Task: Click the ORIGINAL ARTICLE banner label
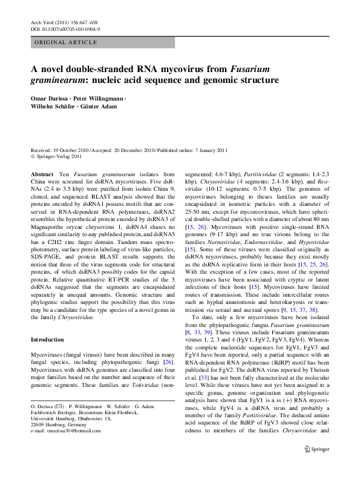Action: [x=66, y=42]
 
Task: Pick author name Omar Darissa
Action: [x=49, y=98]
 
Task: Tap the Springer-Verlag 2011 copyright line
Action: [x=62, y=157]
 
